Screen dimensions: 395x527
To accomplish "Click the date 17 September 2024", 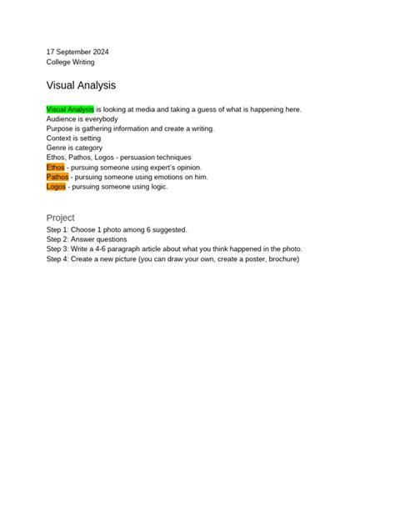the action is tap(77, 52).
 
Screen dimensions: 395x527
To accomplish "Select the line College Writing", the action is tap(70, 63).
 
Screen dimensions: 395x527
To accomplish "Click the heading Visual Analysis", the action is tap(81, 85).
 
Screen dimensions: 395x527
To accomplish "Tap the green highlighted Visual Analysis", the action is tap(70, 109).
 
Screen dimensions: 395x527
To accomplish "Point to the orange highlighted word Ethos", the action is tap(56, 167).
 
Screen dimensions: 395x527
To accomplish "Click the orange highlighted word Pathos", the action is tap(57, 177).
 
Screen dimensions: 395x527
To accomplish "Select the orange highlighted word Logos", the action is tap(57, 187).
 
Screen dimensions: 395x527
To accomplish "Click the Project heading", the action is tap(61, 218).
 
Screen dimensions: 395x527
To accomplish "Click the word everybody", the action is tap(102, 119).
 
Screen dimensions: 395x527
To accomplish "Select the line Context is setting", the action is tap(73, 138).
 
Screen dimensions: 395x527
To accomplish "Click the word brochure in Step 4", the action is tap(282, 258).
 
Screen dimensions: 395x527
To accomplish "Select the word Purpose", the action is tap(61, 128).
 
